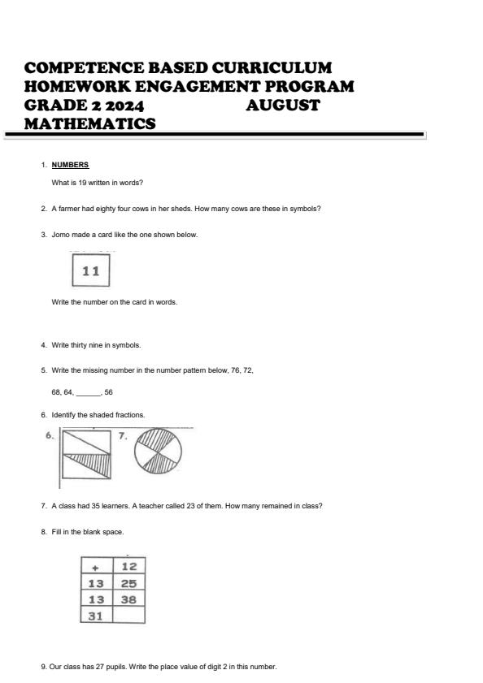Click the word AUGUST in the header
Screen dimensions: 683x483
[282, 105]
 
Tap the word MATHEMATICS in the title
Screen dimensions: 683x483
[90, 123]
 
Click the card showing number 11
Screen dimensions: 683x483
[90, 271]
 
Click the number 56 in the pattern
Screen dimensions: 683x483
[109, 391]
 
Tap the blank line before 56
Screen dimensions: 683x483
[88, 392]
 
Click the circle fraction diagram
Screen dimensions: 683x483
[158, 450]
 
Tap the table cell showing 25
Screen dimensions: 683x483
[128, 583]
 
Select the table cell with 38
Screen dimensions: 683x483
[128, 599]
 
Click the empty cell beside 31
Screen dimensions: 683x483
[128, 615]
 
